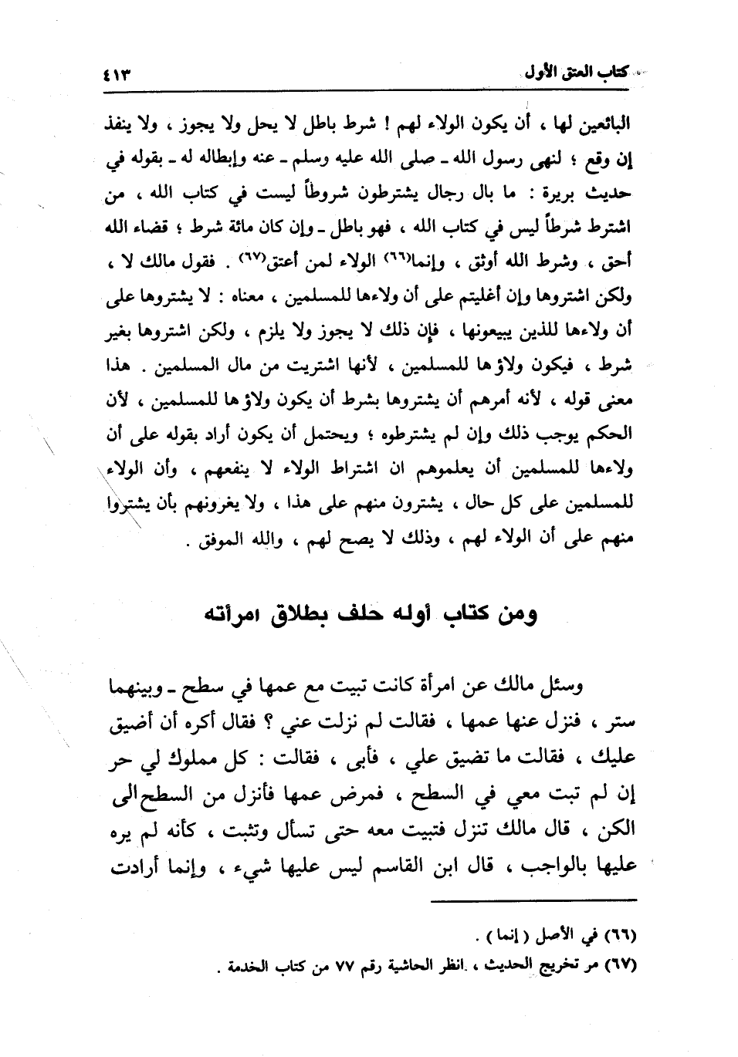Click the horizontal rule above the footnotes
click(x=533, y=900)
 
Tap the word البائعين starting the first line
click(x=605, y=123)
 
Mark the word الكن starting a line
click(x=618, y=829)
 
